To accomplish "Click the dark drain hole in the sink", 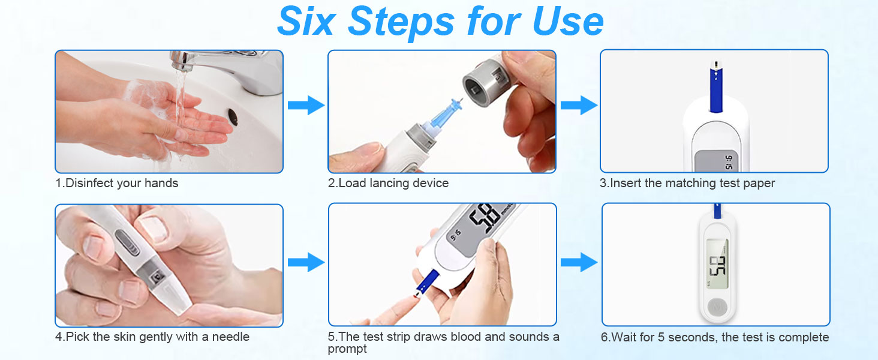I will point(232,116).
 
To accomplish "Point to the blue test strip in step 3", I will point(714,90).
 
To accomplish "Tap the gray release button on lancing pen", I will point(125,241).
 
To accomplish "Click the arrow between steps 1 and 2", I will point(305,106).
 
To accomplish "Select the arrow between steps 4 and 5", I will point(305,262).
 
